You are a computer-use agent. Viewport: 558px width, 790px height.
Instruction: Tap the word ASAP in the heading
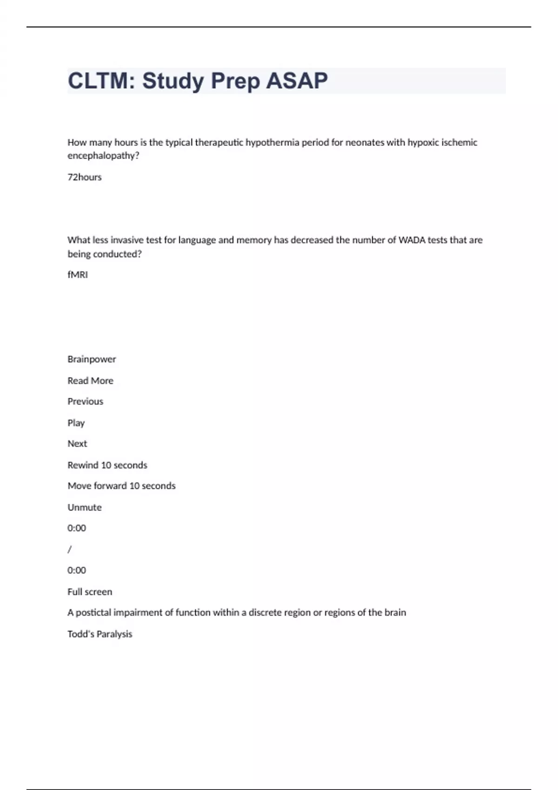coord(297,81)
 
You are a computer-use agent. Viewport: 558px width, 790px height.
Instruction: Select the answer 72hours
coord(85,177)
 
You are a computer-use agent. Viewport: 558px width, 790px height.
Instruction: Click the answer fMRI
coord(78,275)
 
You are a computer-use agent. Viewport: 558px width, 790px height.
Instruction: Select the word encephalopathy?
coord(103,156)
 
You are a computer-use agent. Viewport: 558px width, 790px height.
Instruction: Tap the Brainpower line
coord(92,359)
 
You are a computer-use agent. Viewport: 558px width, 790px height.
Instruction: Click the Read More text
coord(90,381)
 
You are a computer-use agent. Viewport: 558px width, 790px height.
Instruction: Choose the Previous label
coord(85,402)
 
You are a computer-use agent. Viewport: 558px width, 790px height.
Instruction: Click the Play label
coord(76,423)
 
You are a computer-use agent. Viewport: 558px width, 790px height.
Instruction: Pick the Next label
coord(77,444)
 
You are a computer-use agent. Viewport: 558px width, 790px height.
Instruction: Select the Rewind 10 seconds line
coord(107,465)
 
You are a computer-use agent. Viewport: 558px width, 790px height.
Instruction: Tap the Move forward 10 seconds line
coord(121,486)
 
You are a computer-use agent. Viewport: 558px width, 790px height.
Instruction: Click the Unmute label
coord(84,507)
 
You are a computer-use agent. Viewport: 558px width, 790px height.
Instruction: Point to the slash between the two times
coord(70,549)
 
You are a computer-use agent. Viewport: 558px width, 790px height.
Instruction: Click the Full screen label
coord(90,592)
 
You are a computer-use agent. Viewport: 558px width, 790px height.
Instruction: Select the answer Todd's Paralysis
coord(100,634)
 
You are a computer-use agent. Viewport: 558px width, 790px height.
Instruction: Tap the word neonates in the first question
coord(365,143)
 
